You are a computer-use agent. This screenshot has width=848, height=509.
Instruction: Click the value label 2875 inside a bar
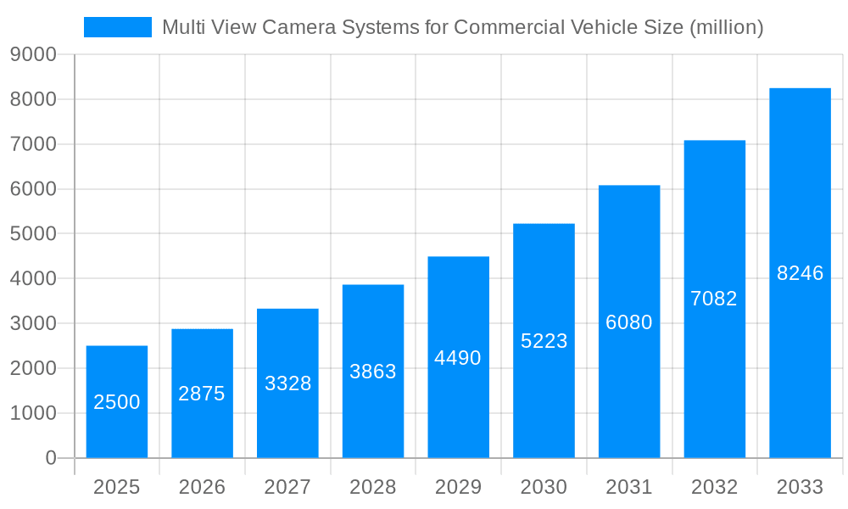tap(202, 394)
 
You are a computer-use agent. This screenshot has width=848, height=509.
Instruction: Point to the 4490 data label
tap(458, 358)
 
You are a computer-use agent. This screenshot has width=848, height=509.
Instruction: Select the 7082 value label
tap(714, 299)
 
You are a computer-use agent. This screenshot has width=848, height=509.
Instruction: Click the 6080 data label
tap(629, 322)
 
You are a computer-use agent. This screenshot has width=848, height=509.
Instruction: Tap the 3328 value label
tap(288, 383)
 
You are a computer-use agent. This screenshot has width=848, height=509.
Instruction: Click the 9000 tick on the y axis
tap(33, 55)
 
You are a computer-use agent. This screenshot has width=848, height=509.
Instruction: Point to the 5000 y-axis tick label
tap(33, 234)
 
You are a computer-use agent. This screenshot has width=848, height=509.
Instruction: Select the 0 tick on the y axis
tap(51, 458)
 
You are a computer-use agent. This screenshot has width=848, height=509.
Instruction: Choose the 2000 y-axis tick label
tap(33, 369)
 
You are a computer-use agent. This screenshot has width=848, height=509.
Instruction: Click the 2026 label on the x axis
tap(202, 488)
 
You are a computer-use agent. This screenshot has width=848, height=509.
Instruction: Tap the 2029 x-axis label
tap(458, 488)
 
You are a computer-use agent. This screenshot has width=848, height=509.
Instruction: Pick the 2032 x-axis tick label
tap(714, 488)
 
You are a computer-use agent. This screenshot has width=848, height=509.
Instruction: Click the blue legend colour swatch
tap(118, 27)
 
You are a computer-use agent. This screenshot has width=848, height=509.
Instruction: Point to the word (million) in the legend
tap(727, 27)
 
